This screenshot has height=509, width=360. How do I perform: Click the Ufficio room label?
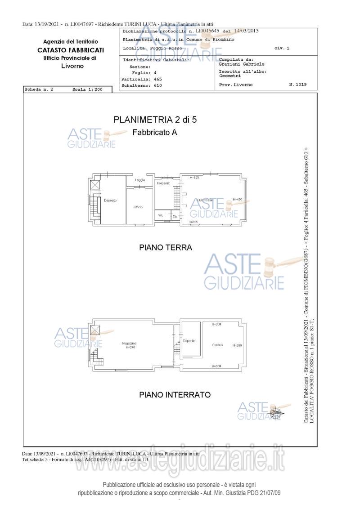(x=138, y=207)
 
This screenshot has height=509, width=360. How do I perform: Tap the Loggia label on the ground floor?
(x=140, y=180)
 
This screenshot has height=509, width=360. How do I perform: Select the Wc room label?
(x=161, y=216)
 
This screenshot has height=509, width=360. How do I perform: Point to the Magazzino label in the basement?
(x=129, y=344)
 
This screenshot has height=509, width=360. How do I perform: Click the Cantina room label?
(x=217, y=345)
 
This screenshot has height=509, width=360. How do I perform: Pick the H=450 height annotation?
(x=238, y=200)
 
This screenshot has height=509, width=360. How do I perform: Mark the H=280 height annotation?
(x=237, y=345)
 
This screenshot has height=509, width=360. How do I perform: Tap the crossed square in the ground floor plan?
(x=95, y=185)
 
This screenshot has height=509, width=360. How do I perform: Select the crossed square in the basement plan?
(x=95, y=330)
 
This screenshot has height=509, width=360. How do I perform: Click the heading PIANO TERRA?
(x=165, y=247)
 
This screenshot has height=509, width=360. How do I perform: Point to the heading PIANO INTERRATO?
(x=175, y=395)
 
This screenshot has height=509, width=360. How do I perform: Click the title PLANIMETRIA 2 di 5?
(x=155, y=120)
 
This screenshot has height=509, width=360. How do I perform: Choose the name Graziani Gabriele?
(x=241, y=64)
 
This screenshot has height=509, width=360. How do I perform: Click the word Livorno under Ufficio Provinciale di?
(x=72, y=66)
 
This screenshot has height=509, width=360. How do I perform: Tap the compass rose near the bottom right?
(x=275, y=411)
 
